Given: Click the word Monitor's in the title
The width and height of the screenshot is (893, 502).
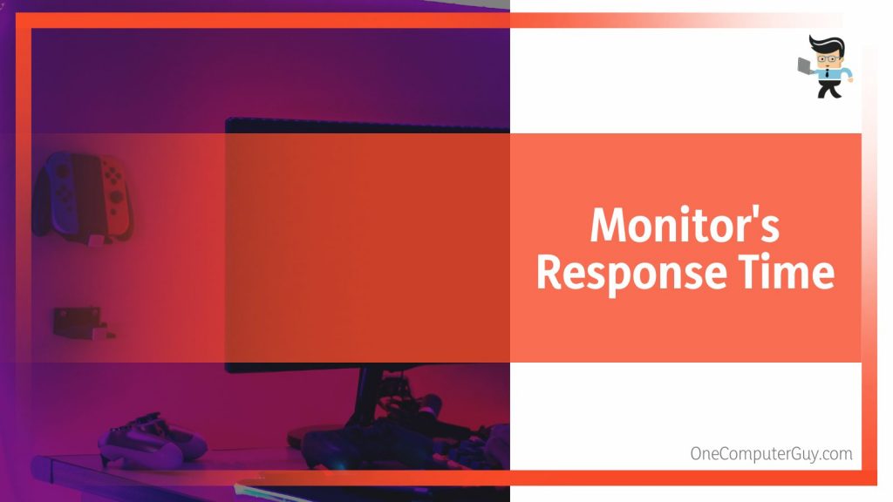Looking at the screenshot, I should point(685,227).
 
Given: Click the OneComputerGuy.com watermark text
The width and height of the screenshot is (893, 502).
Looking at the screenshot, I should point(771,453).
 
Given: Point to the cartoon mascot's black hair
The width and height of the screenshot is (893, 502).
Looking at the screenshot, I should point(824,44).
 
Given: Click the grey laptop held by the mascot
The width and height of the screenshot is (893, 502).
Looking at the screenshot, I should point(806,64).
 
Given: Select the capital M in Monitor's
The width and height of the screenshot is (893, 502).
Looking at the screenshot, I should point(609,227).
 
